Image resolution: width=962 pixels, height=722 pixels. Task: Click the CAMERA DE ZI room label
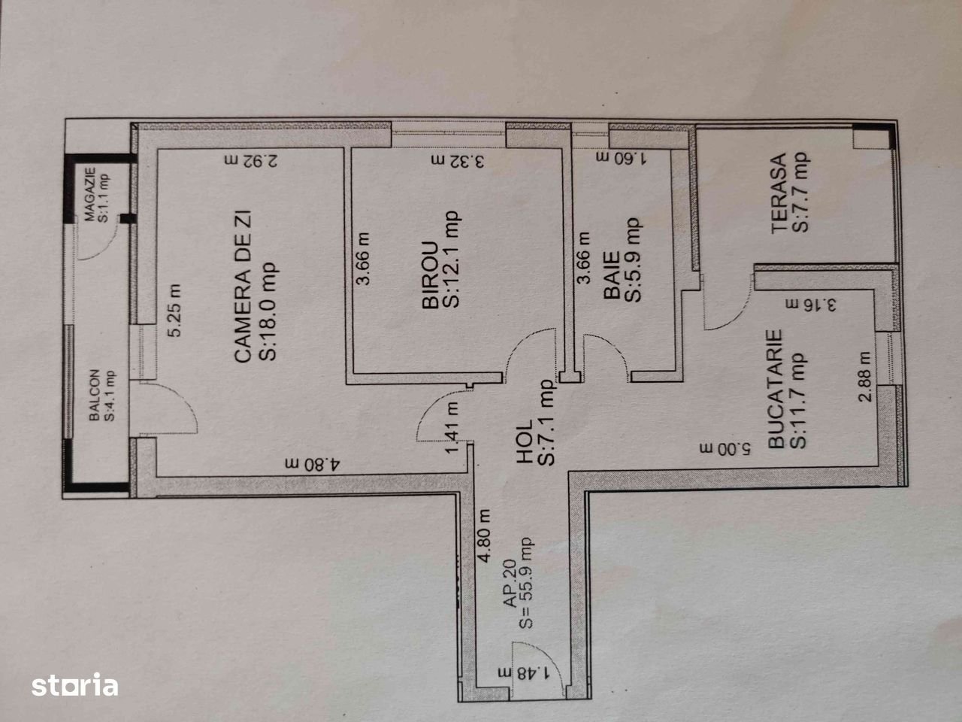[x=244, y=287]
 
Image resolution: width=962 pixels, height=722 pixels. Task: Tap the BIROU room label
[x=431, y=276]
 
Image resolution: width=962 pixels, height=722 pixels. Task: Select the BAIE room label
[x=612, y=275]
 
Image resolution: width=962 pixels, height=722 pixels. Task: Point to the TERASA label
[x=779, y=193]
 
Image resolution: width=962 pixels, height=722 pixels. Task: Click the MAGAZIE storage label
[x=90, y=195]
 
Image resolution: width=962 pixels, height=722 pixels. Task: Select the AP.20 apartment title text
[x=510, y=584]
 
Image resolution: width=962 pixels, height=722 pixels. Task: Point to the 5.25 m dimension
[x=175, y=311]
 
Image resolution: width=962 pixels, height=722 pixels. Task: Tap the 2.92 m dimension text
[x=251, y=161]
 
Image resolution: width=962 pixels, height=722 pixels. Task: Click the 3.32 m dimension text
[x=458, y=161]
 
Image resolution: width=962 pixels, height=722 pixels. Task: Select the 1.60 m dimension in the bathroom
[x=622, y=158]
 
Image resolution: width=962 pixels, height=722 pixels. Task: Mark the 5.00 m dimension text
[x=725, y=449]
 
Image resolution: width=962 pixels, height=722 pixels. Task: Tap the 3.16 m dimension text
[x=811, y=305]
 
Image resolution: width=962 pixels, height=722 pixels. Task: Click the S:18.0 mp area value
[x=268, y=311]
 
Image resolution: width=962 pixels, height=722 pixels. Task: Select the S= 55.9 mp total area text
[x=525, y=584]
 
